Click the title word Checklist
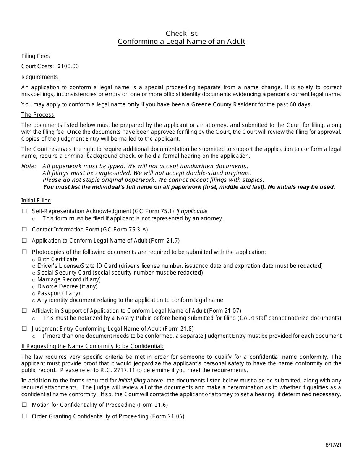coord(181,33)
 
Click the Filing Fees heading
coord(36,56)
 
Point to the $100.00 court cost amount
coord(68,66)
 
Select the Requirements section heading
coord(40,77)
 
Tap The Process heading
coord(38,115)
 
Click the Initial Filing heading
coord(36,201)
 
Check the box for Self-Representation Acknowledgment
coord(24,211)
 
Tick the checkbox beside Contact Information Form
coord(24,230)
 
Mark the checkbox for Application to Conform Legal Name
coord(24,241)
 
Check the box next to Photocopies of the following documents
coord(24,252)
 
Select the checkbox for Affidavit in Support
coord(24,311)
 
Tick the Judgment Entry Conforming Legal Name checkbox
coord(24,329)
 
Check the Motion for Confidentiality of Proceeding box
coord(24,405)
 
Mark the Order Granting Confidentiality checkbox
coord(24,416)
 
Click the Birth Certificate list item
coord(57,259)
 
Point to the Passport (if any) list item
coord(58,293)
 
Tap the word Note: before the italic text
coord(28,166)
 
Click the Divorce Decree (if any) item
coord(67,286)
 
